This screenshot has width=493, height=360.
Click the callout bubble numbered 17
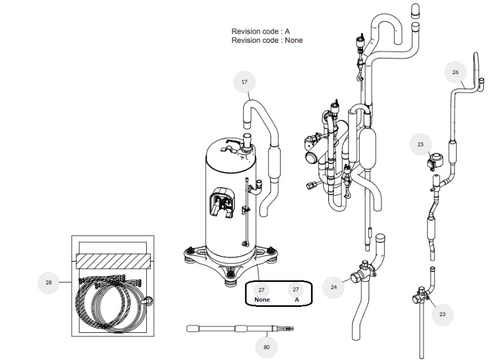click(244, 82)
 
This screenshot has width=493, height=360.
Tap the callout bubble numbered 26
click(455, 72)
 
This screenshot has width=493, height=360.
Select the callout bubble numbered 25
click(421, 144)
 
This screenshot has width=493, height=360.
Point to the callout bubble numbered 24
click(333, 287)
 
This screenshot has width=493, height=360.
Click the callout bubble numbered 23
click(442, 314)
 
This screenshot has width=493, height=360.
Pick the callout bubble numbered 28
click(49, 282)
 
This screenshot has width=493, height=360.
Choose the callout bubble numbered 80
click(266, 347)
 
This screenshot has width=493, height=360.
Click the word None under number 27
click(262, 299)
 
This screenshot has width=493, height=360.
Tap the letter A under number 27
click(296, 299)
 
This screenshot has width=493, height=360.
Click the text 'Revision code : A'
click(261, 31)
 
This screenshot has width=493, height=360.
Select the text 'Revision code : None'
click(267, 40)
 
